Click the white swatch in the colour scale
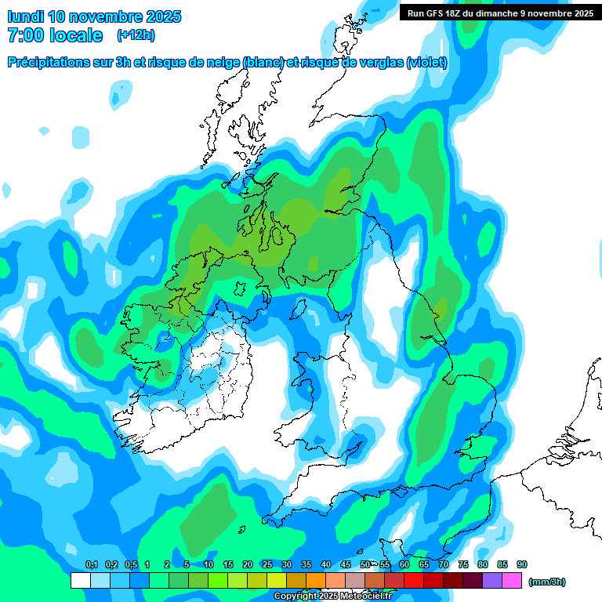pyautogui.click(x=80, y=580)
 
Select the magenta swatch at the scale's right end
pyautogui.click(x=512, y=580)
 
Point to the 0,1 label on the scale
pyautogui.click(x=91, y=564)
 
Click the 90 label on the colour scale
pyautogui.click(x=522, y=564)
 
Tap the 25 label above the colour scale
pyautogui.click(x=267, y=564)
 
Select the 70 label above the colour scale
pyautogui.click(x=444, y=564)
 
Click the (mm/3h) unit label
pyautogui.click(x=547, y=582)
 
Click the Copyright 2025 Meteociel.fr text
pyautogui.click(x=332, y=597)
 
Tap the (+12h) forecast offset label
pyautogui.click(x=136, y=35)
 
